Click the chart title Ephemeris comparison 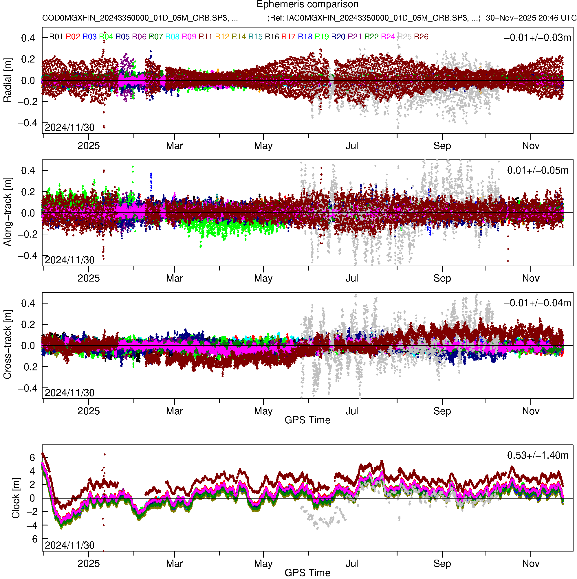coord(307,5)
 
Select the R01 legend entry coord(56,37)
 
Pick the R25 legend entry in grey coord(404,37)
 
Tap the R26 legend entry coord(421,37)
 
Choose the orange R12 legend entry coord(222,37)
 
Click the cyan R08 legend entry coord(173,37)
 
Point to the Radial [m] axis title coord(8,80)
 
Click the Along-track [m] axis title coord(8,212)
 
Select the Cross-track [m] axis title coord(8,345)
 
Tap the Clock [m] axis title coord(16,498)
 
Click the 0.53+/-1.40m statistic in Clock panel coord(538,455)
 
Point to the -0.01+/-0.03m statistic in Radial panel coord(537,38)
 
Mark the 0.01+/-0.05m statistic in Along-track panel coord(538,170)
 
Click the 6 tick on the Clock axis coord(32,458)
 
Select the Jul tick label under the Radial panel coord(352,146)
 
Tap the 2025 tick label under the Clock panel coord(89,564)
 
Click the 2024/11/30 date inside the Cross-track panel coord(69,393)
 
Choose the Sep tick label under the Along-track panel coord(442,278)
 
